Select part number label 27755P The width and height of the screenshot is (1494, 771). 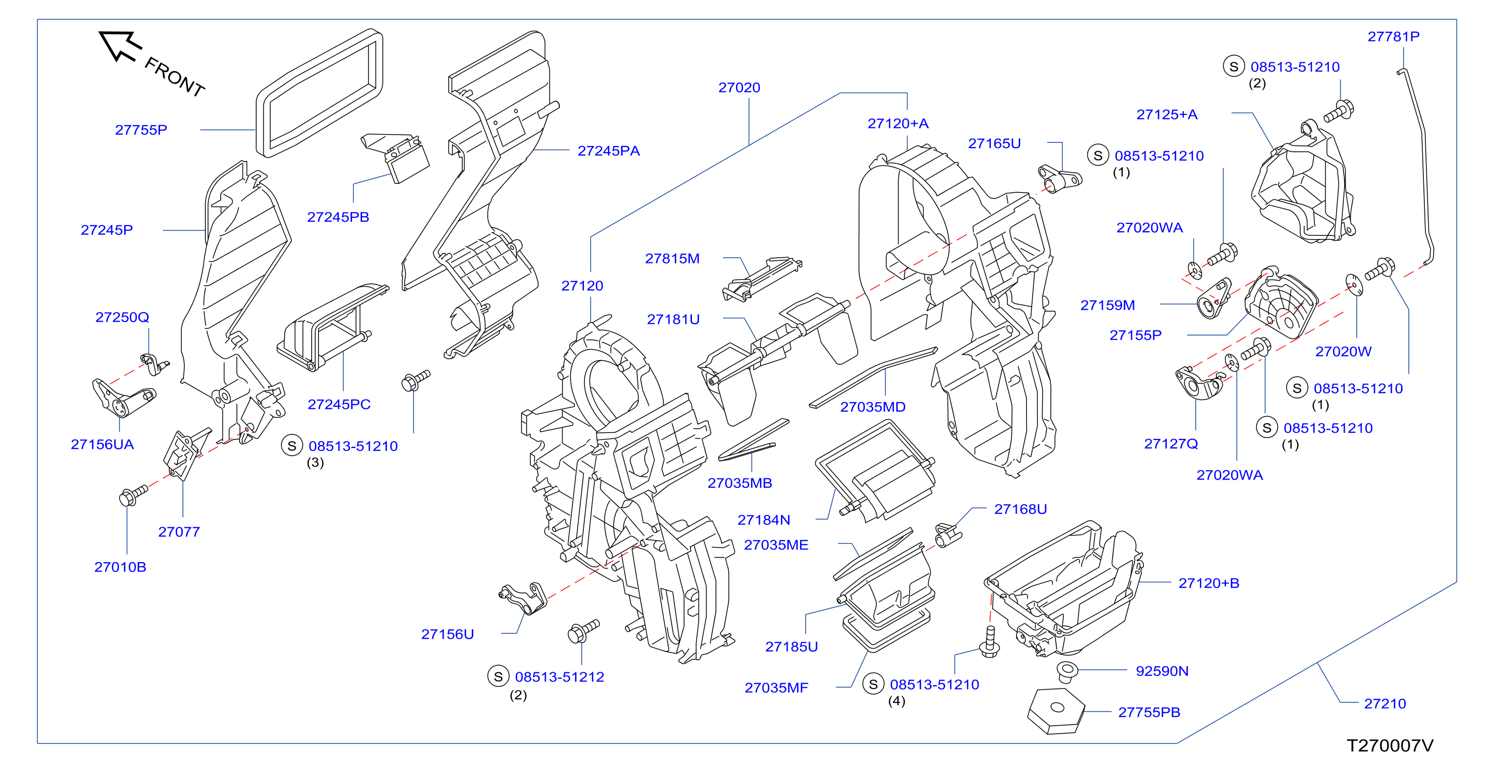click(141, 130)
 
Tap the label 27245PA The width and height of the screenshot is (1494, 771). click(608, 151)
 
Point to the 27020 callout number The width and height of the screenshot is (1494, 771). click(739, 88)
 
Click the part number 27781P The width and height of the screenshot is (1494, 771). click(1393, 36)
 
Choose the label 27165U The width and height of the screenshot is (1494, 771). click(994, 143)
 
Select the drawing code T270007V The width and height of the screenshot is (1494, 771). click(1390, 746)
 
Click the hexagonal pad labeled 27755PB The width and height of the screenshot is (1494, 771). click(1056, 711)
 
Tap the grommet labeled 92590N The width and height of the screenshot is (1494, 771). click(1066, 672)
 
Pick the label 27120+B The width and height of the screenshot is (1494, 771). click(1209, 583)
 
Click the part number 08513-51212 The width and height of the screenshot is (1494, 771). click(559, 677)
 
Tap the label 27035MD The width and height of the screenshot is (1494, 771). click(872, 407)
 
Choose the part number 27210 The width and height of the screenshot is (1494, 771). click(1384, 703)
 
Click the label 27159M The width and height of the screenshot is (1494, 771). click(1107, 305)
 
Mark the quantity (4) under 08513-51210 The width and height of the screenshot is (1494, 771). click(896, 701)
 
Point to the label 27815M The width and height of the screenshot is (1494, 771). click(672, 259)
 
